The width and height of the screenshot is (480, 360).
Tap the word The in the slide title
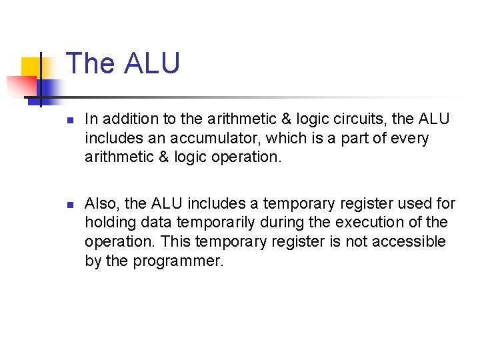[x=91, y=63]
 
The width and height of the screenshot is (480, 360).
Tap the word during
[x=280, y=222]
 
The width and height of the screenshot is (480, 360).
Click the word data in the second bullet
[x=158, y=222]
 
